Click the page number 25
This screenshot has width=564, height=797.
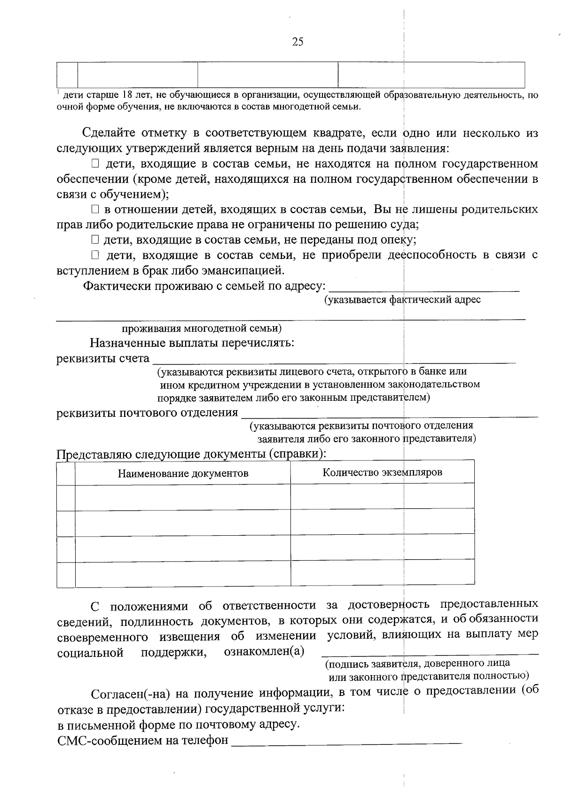[x=298, y=42]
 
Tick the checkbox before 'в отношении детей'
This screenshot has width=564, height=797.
[x=95, y=210]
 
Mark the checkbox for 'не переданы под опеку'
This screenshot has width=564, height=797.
[x=95, y=240]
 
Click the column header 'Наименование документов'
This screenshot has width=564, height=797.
[x=183, y=473]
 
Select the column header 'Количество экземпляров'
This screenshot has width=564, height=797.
[x=382, y=472]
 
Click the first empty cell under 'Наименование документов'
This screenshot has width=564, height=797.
[x=183, y=497]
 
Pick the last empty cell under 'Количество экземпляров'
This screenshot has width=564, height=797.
[x=382, y=573]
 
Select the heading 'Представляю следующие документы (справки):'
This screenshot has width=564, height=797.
[x=191, y=454]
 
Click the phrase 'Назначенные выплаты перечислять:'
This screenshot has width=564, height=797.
[x=192, y=343]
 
